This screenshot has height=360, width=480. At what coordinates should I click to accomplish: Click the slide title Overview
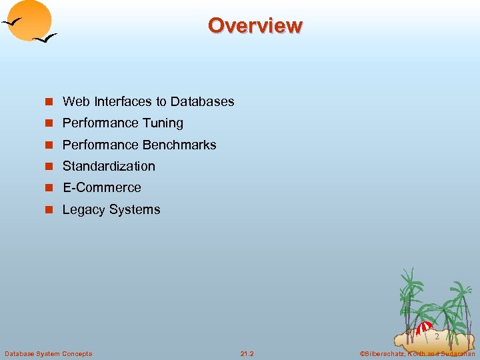(x=255, y=25)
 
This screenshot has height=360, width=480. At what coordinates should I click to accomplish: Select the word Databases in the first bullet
(x=202, y=101)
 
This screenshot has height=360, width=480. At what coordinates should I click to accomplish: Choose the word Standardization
(x=109, y=166)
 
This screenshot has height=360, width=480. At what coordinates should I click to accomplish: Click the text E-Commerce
(x=101, y=187)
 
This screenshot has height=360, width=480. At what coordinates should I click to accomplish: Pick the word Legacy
(x=83, y=209)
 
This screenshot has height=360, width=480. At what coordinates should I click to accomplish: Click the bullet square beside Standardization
(x=48, y=167)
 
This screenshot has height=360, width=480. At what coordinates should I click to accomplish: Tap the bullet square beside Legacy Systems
(x=48, y=210)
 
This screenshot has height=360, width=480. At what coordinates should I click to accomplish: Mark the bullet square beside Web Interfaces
(x=48, y=102)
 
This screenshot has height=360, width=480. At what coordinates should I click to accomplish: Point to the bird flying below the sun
(x=45, y=39)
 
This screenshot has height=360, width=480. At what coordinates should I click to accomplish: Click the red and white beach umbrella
(x=424, y=327)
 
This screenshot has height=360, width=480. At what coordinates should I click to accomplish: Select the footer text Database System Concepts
(x=48, y=353)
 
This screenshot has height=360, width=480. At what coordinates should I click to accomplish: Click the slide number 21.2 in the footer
(x=247, y=353)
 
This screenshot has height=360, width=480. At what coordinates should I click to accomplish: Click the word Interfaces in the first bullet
(x=123, y=101)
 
